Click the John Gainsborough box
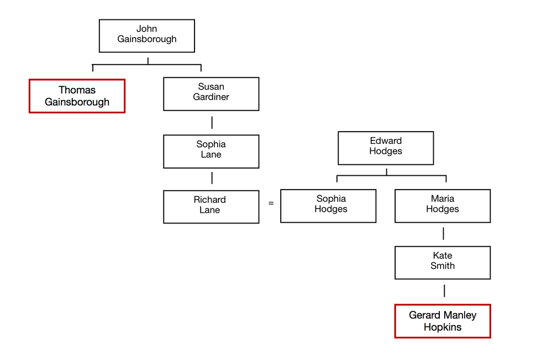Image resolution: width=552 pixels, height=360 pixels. (x=146, y=36)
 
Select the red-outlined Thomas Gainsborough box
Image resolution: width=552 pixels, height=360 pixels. (x=77, y=96)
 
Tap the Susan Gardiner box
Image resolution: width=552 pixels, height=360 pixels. (x=211, y=93)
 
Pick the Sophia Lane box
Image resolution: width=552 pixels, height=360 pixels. (x=211, y=152)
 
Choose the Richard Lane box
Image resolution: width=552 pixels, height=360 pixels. (x=211, y=207)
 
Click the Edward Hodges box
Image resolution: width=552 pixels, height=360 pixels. (x=386, y=148)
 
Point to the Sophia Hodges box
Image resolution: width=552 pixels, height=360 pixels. (x=328, y=206)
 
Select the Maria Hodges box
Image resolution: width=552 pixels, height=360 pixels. (x=442, y=206)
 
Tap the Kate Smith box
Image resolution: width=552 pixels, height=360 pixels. (x=442, y=262)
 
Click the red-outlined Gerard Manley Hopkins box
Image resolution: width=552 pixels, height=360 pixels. (x=442, y=321)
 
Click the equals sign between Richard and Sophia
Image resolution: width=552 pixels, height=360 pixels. (x=271, y=203)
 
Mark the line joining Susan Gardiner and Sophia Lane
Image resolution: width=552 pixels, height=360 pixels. (x=212, y=123)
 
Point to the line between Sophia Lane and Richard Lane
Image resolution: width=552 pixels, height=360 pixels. (x=212, y=178)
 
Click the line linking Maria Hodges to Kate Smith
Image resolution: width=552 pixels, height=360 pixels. (x=444, y=234)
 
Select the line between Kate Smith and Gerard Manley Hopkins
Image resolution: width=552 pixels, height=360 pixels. (x=444, y=291)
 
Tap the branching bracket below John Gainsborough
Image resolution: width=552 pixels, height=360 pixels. (x=147, y=65)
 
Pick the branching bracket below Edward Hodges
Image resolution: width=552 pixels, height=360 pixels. (x=391, y=176)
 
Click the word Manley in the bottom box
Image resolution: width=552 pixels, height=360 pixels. (x=461, y=315)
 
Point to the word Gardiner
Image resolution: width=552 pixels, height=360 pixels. (x=211, y=97)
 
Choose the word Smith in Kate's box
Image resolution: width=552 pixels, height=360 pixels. (x=443, y=266)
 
